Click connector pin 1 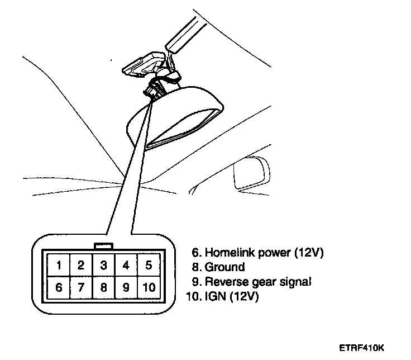(59, 266)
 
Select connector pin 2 (81, 266)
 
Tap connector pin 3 (103, 266)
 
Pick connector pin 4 (126, 266)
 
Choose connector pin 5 (149, 266)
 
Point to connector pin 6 (59, 288)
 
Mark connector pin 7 (81, 288)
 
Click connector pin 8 (103, 288)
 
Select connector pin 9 (126, 288)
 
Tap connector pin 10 (149, 288)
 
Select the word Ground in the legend (225, 267)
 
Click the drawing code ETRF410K (361, 347)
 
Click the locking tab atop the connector (104, 245)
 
